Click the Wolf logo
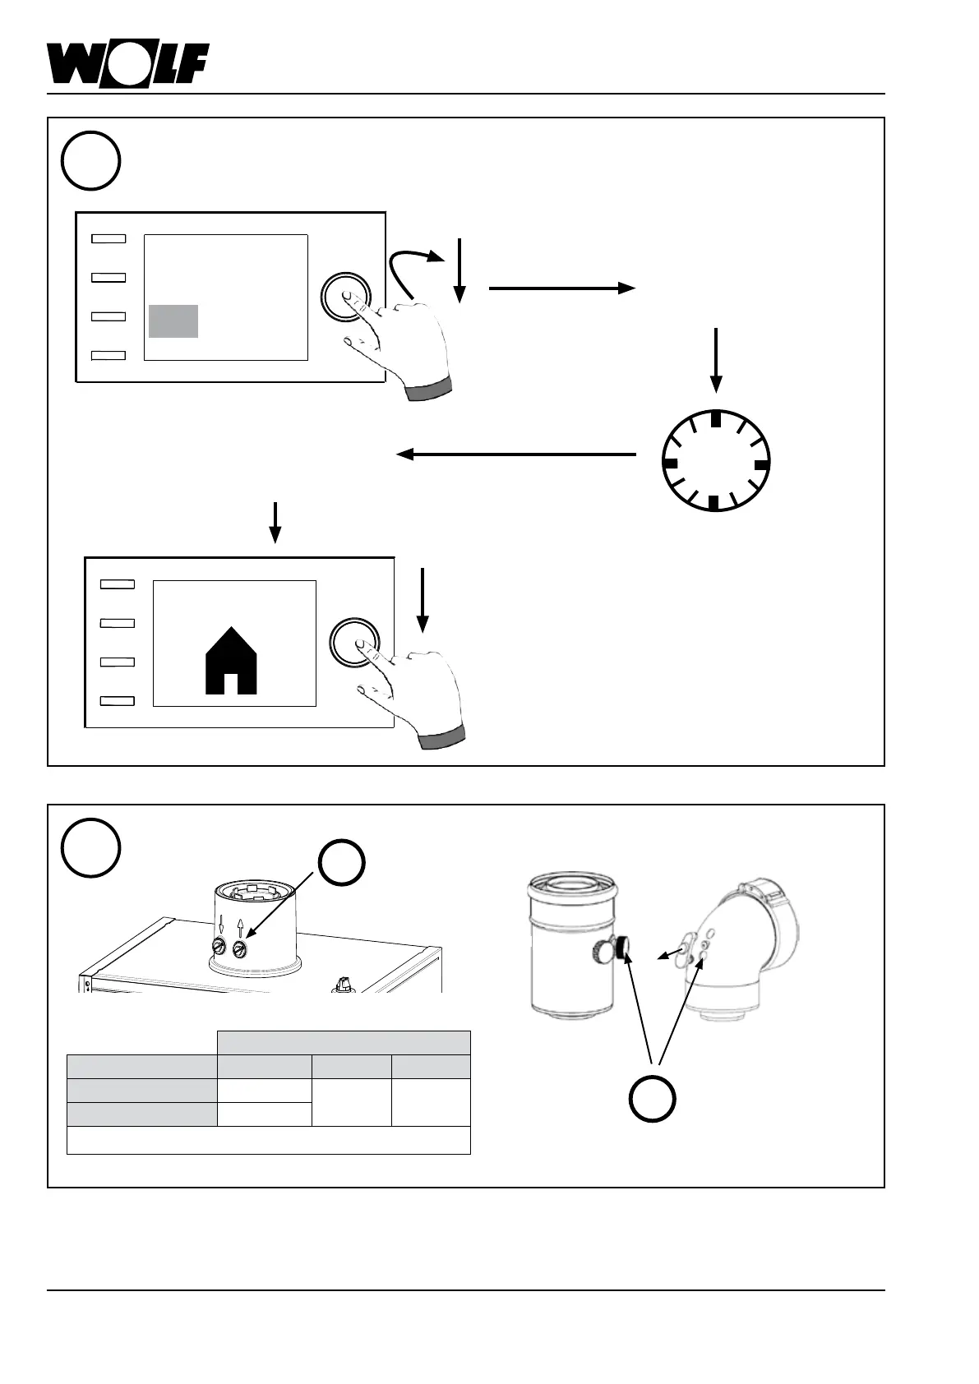[x=127, y=63]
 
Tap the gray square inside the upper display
[x=173, y=321]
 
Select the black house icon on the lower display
[x=231, y=661]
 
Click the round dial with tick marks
[x=715, y=459]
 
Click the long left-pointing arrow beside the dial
[x=516, y=454]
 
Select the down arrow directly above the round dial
[x=716, y=359]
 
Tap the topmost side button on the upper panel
[x=108, y=238]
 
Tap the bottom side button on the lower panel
[x=117, y=700]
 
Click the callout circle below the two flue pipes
[x=653, y=1096]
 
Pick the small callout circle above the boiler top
[x=342, y=862]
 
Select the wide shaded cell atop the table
[x=344, y=1042]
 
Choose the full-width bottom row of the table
[x=268, y=1140]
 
